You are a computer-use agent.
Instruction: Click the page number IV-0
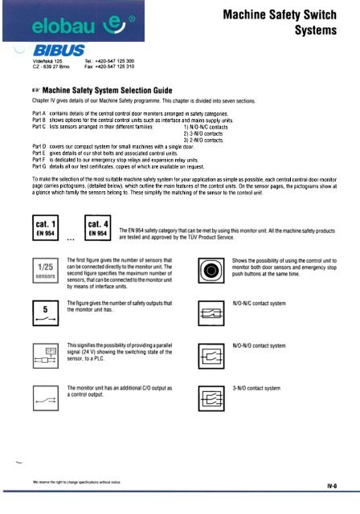[x=339, y=486]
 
